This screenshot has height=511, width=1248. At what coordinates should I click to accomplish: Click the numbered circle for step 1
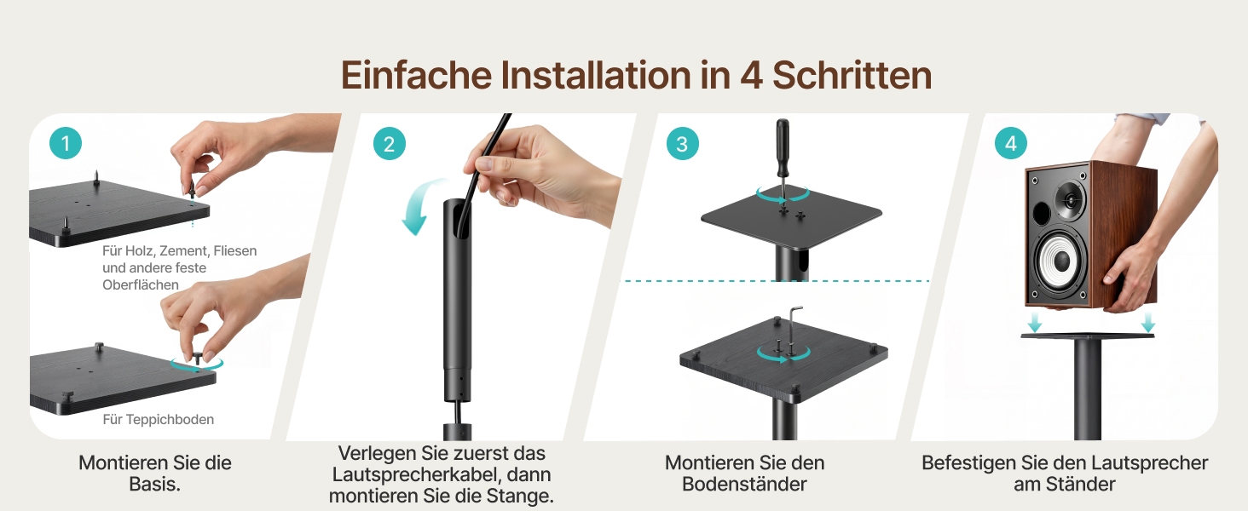point(66,143)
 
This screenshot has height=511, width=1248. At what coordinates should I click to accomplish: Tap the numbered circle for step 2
point(389,144)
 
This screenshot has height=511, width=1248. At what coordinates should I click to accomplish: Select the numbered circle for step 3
point(683,144)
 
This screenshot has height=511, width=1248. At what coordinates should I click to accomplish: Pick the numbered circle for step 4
point(1011,143)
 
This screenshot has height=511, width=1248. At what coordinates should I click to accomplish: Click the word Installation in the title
point(596,75)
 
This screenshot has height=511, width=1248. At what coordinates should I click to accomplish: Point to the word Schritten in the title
point(852,75)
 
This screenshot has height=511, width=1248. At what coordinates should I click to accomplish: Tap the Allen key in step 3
point(794,329)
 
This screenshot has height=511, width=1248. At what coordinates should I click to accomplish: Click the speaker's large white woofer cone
point(1058,259)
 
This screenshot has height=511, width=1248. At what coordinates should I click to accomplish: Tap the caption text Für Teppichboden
point(159,419)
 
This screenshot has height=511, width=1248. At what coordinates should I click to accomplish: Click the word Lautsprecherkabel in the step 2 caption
point(412,474)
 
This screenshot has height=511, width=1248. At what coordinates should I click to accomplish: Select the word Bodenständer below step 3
point(744,484)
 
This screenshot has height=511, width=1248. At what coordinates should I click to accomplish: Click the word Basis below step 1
point(155,484)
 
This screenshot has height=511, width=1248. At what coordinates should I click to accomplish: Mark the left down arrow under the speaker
point(1035,322)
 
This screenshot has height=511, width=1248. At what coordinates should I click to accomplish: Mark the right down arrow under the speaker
point(1147,322)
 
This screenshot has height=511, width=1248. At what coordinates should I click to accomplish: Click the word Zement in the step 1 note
point(184,251)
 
